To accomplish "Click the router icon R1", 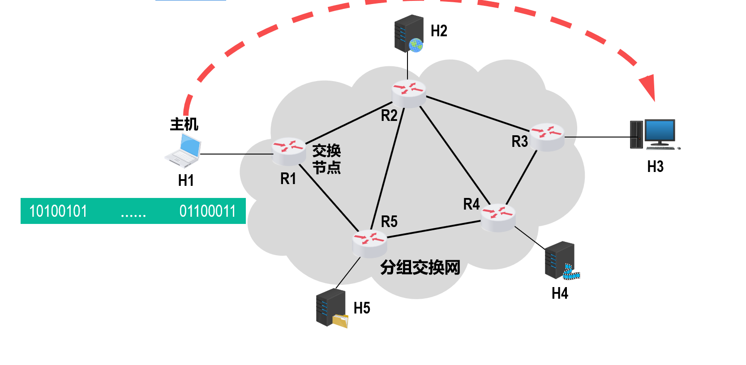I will pos(289,151).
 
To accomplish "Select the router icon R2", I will pos(409,94).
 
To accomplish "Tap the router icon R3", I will pos(547,137).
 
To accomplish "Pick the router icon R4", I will pos(498,218).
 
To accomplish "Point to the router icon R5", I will pos(369,244).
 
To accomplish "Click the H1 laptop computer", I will pos(183,151).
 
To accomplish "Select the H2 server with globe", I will pos(409,34).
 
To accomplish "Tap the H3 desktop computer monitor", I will pos(660,132).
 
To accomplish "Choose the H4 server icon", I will pos(561,260).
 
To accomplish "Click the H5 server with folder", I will pos(332,308).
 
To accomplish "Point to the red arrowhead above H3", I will pos(648,87).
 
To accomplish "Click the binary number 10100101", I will pos(58,211).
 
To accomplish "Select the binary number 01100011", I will pos(207,211).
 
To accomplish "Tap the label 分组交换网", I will pos(420,267).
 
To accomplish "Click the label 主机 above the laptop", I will pos(184,124).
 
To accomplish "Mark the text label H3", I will pos(655,167).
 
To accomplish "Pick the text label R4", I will pos(471,204).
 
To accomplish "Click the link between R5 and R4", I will pos(433,228).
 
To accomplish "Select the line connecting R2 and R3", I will pos(477,113).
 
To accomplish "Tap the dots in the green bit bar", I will pos(133,215).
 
